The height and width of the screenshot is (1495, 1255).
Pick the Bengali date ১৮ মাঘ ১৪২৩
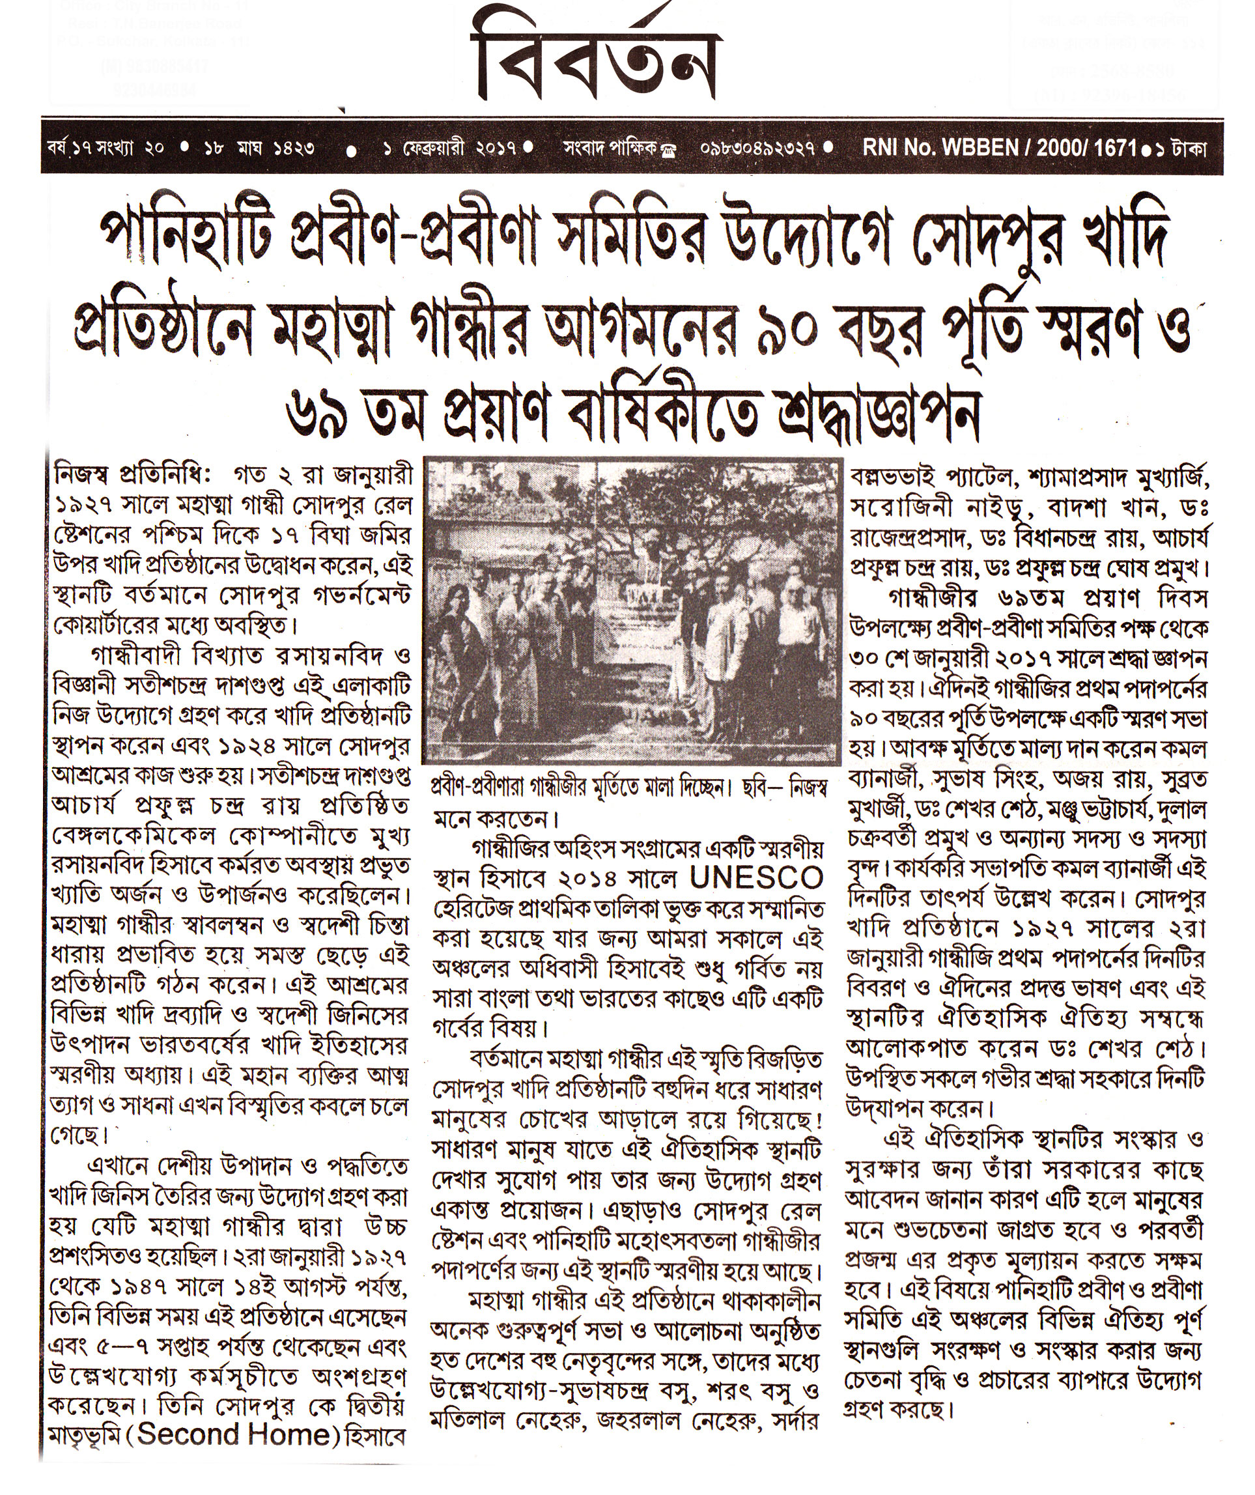(260, 149)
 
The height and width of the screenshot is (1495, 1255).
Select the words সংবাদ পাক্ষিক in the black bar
(610, 149)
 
